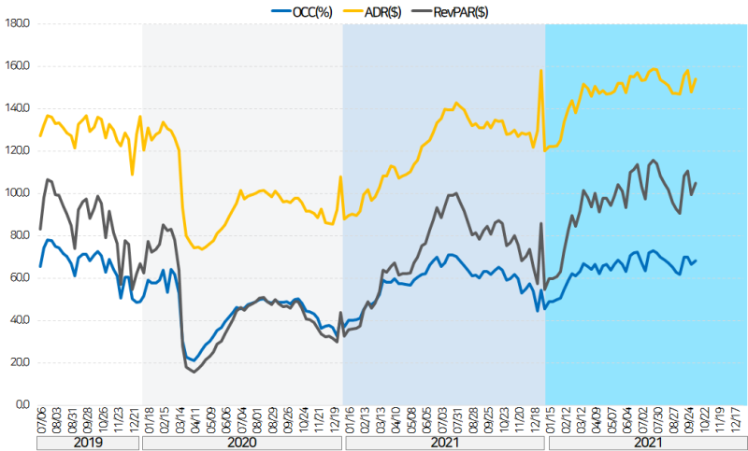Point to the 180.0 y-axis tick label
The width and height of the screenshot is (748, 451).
point(17,23)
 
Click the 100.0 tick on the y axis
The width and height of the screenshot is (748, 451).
point(17,193)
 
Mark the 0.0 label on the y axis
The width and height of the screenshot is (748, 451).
point(22,405)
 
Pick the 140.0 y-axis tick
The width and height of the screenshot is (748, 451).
point(17,108)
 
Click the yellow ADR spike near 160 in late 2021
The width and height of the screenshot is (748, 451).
point(541,70)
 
